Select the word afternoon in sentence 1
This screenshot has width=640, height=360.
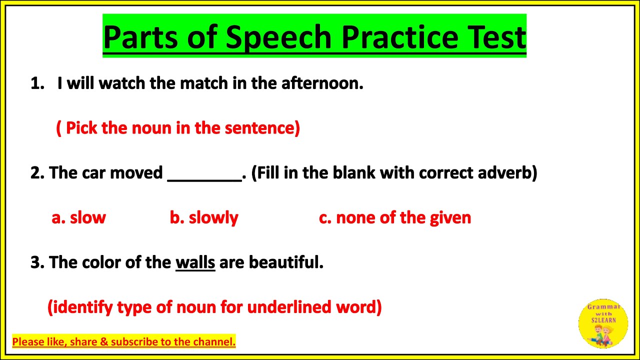click(x=321, y=83)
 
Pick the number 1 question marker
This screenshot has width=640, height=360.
click(x=37, y=83)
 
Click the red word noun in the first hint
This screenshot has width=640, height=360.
click(x=151, y=128)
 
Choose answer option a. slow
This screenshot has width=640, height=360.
click(x=79, y=217)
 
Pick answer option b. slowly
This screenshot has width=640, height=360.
click(x=204, y=217)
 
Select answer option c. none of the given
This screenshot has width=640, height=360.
click(x=395, y=217)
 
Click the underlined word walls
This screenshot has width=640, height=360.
click(x=195, y=262)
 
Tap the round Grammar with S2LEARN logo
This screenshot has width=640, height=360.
click(x=602, y=323)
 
